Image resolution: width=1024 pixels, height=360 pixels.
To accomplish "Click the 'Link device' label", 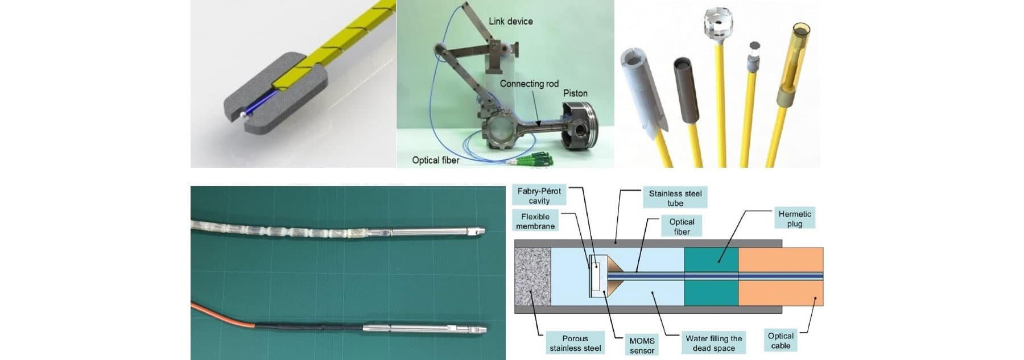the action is click(x=510, y=21).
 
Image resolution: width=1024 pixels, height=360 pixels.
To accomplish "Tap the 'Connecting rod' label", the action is click(x=529, y=84).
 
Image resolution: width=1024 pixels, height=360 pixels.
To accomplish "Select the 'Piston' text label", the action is click(x=575, y=93).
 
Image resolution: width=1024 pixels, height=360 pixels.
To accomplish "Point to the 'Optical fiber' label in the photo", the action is click(x=435, y=160).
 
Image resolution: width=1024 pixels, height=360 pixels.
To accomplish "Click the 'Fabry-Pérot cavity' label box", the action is click(x=539, y=196).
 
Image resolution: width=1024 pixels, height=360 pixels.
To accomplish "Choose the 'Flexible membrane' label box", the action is click(x=535, y=221).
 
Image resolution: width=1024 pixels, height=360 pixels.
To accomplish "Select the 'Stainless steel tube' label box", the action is click(x=675, y=198).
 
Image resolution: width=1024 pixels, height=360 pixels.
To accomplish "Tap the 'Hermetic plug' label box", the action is click(x=794, y=218).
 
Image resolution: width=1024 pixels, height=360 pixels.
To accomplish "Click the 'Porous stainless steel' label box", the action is click(x=575, y=343).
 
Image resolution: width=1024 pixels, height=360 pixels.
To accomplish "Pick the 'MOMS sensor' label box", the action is click(x=642, y=345).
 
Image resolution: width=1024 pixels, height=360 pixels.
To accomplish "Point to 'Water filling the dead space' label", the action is click(x=713, y=343).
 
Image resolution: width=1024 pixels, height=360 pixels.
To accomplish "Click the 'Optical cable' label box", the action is click(x=781, y=341).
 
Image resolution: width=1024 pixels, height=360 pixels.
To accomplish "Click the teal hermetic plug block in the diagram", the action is click(x=711, y=276).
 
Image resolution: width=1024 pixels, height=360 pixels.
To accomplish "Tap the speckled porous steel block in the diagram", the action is click(x=532, y=276).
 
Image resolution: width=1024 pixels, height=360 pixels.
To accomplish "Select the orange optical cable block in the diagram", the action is click(x=781, y=276).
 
